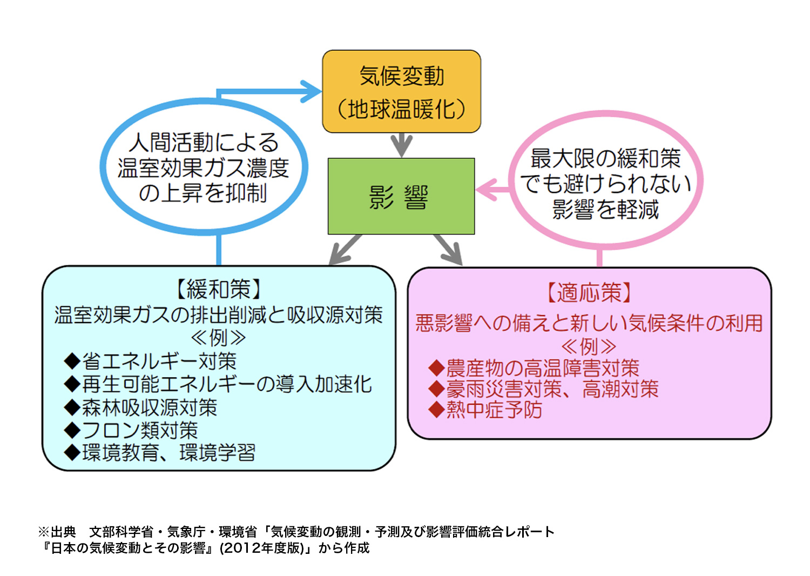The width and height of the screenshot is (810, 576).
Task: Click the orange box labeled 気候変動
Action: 401,91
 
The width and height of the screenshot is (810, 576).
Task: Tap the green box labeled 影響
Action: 401,196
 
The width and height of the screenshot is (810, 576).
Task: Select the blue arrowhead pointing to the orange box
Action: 311,91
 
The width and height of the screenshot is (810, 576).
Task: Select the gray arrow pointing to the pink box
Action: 448,250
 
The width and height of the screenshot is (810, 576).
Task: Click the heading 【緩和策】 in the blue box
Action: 218,290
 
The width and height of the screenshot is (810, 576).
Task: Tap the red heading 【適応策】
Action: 589,292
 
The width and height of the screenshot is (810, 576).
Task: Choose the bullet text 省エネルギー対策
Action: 159,361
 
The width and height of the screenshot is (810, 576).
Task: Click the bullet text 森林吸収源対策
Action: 150,407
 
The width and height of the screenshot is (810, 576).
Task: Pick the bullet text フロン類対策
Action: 140,430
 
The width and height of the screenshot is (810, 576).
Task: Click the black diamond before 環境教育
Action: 72,453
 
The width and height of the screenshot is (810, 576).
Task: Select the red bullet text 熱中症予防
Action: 494,410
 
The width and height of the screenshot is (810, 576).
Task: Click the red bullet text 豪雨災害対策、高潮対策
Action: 552,389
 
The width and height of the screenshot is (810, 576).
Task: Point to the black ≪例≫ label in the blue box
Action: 218,338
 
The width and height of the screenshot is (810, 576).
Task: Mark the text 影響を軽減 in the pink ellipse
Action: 605,210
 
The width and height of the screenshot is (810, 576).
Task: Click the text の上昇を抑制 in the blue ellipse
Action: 203,193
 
